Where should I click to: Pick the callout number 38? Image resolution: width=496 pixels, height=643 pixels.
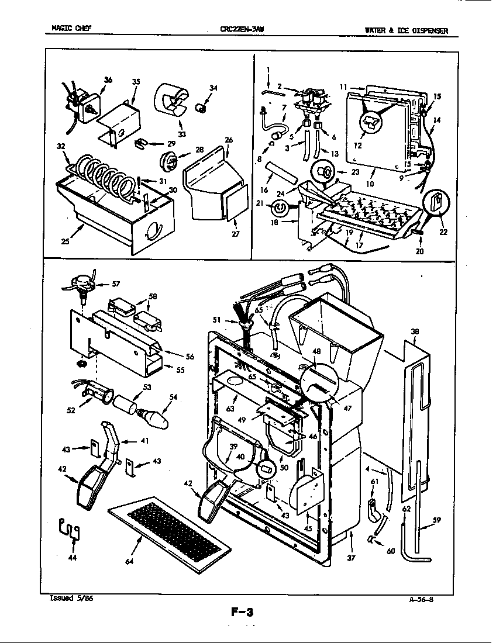click(x=415, y=331)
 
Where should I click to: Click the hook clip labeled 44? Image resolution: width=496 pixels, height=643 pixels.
click(x=71, y=530)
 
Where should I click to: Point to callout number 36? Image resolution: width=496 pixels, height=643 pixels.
click(x=108, y=79)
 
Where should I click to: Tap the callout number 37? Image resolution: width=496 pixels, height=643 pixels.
click(x=350, y=558)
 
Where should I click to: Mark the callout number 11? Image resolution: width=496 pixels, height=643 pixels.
click(x=343, y=87)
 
